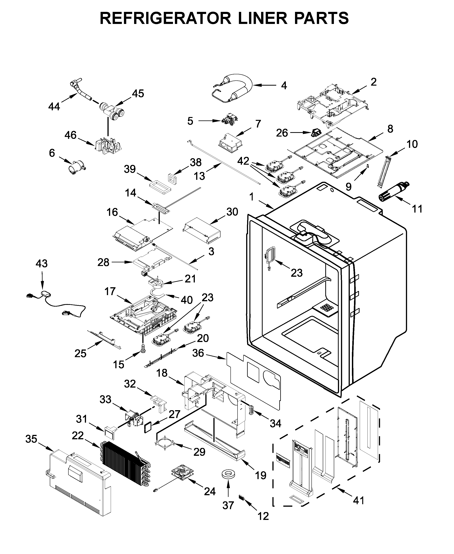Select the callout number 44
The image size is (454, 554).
click(x=54, y=106)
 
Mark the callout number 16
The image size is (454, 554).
click(x=112, y=212)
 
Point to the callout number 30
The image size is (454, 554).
click(x=232, y=212)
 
